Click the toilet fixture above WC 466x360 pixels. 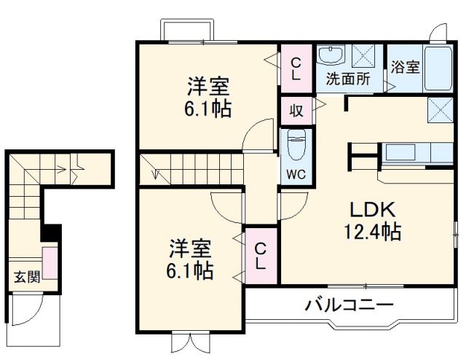(296, 145)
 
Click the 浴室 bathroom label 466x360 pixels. (405, 68)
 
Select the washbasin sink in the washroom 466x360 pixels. (332, 57)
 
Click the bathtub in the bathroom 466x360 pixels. (438, 70)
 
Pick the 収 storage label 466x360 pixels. (296, 111)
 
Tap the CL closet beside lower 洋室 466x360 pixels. (260, 256)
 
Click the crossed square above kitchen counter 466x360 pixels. (441, 111)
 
